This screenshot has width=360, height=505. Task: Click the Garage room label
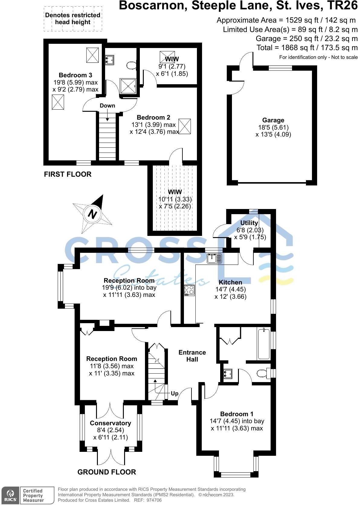[x=273, y=120]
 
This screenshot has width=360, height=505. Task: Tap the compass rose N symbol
[x=92, y=214]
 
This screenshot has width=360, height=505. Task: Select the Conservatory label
[x=110, y=423]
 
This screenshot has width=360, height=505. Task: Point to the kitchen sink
[x=214, y=259]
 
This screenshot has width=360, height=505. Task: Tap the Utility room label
[x=249, y=223]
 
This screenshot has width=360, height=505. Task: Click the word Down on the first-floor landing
[x=107, y=105]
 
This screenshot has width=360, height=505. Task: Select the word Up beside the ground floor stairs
[x=175, y=394]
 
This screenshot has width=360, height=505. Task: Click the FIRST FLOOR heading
[x=68, y=174]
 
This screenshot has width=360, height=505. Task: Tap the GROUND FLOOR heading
[x=107, y=472]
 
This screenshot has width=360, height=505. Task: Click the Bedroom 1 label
[x=236, y=414]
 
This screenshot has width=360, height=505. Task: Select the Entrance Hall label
[x=192, y=356]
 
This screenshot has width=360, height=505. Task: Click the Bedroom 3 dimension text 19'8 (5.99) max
[x=75, y=82]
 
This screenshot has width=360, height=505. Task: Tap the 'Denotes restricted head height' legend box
[x=72, y=19]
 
